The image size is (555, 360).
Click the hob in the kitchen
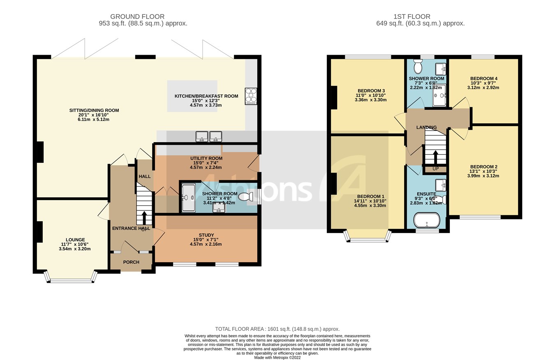[251, 96]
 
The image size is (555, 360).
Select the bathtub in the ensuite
[426, 220]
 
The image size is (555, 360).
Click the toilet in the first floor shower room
[418, 67]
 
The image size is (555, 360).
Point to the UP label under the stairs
[435, 169]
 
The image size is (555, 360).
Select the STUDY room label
[206, 235]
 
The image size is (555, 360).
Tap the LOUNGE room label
[75, 240]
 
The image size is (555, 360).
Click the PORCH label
[131, 262]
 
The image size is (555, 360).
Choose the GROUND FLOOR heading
[143, 17]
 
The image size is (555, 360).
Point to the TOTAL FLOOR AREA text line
[277, 329]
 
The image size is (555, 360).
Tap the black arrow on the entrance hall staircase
[144, 218]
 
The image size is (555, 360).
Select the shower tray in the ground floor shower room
[189, 198]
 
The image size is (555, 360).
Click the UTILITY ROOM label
[206, 158]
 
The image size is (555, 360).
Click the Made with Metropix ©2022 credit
[277, 358]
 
